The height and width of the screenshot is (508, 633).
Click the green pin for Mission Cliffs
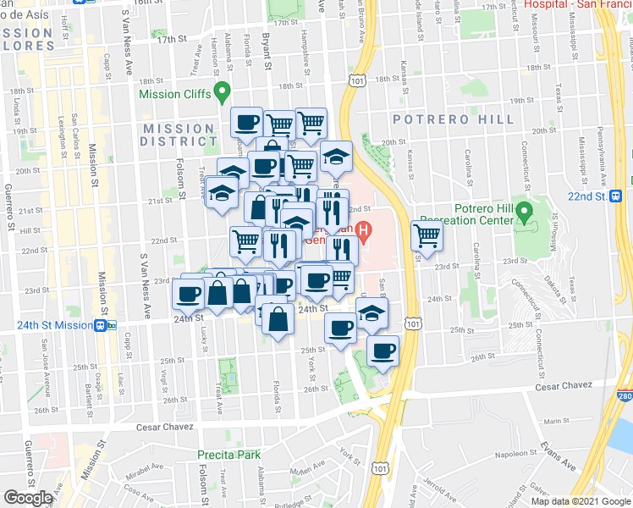223,91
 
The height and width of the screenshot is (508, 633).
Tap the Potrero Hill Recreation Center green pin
524,210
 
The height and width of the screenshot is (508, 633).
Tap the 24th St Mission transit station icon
101,324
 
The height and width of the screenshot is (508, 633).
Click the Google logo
28,498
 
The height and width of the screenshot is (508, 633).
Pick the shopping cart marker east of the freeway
427,235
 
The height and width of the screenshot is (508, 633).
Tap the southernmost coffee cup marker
383,350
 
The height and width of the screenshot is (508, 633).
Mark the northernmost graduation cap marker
336,156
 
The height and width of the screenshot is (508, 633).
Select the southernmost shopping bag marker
278,320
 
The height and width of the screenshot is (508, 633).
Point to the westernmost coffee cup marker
189,294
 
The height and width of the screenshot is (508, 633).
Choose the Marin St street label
558,421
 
